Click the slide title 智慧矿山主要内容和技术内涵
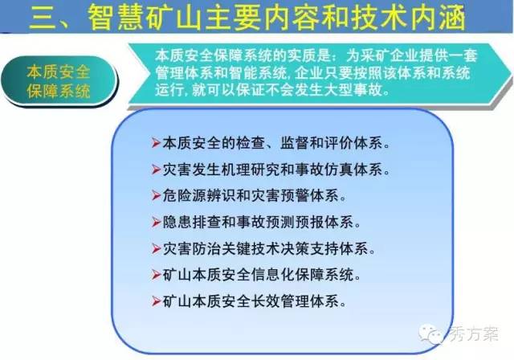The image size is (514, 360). [277, 17]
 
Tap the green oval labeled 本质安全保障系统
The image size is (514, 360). [59, 81]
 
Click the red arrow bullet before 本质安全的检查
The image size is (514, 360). [156, 143]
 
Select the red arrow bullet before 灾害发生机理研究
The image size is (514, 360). [156, 170]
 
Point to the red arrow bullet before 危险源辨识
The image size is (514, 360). [156, 196]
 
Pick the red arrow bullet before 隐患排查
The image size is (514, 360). [156, 223]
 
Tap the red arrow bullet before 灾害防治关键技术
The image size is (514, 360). [156, 249]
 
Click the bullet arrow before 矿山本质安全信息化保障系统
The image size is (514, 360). [156, 275]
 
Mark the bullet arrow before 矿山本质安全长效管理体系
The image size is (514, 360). [156, 301]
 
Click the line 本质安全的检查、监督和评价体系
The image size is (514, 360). [276, 143]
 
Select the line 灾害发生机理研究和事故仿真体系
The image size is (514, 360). [276, 170]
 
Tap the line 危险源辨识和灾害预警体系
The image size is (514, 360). [255, 196]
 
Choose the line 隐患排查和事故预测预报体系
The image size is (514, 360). [262, 223]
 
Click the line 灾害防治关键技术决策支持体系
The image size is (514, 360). [269, 249]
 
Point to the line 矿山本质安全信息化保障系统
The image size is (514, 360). [262, 275]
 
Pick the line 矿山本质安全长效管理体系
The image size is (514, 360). [255, 301]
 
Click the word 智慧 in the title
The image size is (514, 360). [116, 17]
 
